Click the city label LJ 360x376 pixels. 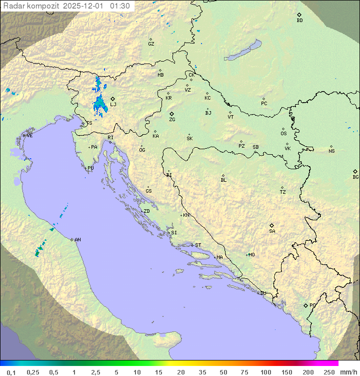(113, 105)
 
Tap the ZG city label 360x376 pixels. (172, 120)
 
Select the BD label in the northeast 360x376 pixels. (299, 21)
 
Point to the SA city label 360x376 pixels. (272, 231)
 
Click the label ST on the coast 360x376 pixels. (198, 245)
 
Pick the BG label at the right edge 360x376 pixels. (355, 177)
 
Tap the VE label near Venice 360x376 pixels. (29, 136)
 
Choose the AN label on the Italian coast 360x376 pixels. (77, 240)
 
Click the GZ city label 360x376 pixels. (151, 44)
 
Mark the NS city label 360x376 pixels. (331, 151)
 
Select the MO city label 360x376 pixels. (251, 255)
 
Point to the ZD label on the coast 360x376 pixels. (146, 211)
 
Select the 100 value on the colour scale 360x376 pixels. (265, 372)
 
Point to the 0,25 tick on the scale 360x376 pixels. (33, 372)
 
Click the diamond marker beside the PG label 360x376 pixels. (305, 305)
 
